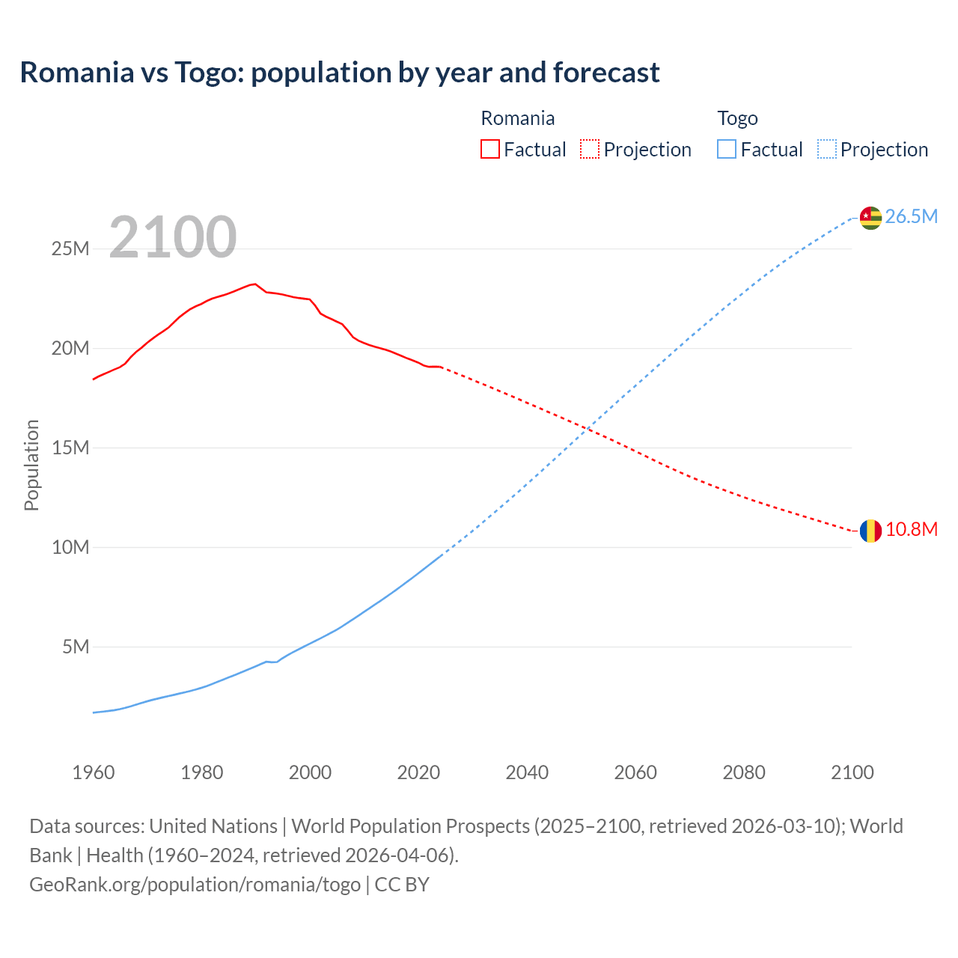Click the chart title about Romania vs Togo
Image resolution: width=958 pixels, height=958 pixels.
[x=340, y=73]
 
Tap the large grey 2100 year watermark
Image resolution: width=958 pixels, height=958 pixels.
[x=173, y=237]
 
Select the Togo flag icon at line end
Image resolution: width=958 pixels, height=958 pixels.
[x=870, y=217]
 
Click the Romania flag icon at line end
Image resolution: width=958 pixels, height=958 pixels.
[x=870, y=531]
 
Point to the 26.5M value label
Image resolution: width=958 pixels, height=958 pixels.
[x=911, y=217]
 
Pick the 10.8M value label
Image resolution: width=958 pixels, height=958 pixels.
[x=911, y=530]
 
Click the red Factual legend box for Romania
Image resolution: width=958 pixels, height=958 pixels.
[x=489, y=150]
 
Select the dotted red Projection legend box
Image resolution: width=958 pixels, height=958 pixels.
[x=590, y=150]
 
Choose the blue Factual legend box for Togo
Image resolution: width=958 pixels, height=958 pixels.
[x=726, y=150]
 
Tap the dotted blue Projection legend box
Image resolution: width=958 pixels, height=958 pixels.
[x=826, y=150]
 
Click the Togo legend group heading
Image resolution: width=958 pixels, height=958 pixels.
[x=737, y=118]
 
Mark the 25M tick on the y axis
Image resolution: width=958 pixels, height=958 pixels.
[x=70, y=248]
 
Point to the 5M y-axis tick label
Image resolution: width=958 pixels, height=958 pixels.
[x=76, y=647]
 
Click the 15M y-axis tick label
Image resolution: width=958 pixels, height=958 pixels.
[x=70, y=448]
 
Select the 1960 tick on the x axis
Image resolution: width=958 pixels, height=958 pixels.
[x=94, y=772]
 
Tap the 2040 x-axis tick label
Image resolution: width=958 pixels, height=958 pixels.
[x=527, y=772]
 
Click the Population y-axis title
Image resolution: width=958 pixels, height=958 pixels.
[x=31, y=465]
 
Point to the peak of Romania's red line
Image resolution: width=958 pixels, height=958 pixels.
[x=255, y=284]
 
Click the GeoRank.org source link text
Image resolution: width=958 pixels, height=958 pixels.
[x=195, y=885]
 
